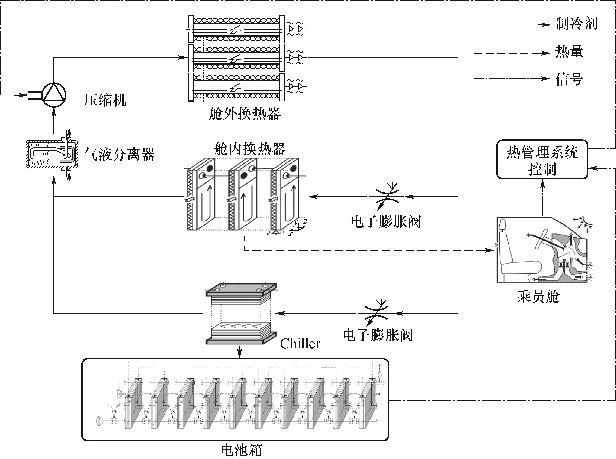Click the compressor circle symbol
coord(54,95)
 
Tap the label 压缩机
coord(105,100)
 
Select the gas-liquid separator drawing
coord(51,154)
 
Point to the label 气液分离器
coord(119,154)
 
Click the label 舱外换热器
coord(245,113)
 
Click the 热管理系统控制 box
coord(542,159)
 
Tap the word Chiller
coord(300,344)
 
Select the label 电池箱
coord(242,450)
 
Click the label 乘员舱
coord(538,297)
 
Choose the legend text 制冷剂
coord(577,24)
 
